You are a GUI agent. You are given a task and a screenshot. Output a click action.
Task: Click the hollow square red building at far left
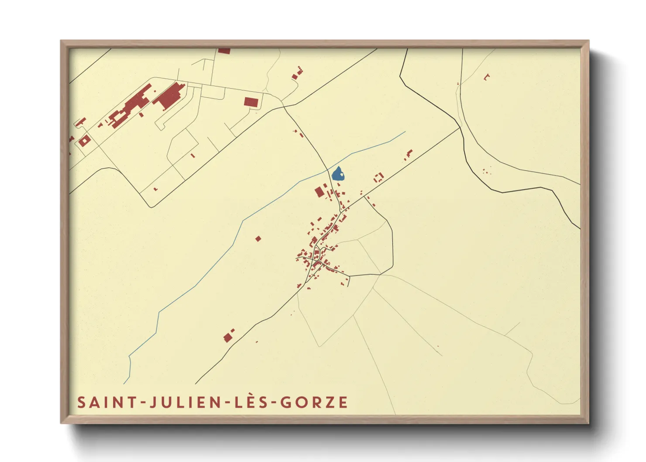84,141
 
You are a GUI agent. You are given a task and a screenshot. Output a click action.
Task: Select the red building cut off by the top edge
224,51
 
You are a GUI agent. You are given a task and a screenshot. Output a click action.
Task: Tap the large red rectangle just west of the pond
320,192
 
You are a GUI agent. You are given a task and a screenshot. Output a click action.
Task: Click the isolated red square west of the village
258,238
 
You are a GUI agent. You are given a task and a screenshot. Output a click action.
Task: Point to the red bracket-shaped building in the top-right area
487,77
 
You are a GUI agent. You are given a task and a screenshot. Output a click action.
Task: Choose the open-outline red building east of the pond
378,177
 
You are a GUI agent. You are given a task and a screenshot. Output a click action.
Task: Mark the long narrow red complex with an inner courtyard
131,106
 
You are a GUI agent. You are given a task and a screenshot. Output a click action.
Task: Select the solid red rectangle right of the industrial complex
251,102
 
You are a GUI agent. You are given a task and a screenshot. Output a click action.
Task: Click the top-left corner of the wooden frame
62,41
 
